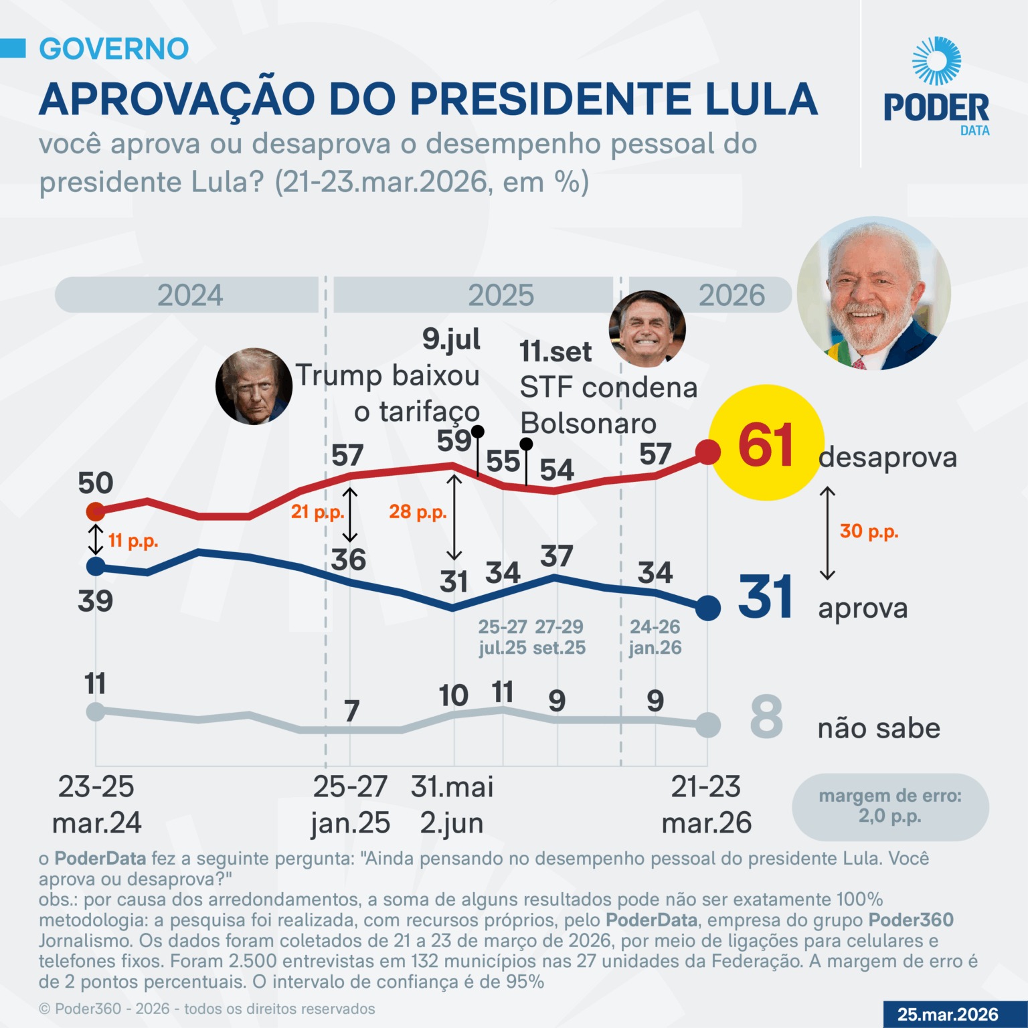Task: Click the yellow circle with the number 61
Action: pos(766,442)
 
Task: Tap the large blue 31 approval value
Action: pos(766,597)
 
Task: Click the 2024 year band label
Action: pos(190,295)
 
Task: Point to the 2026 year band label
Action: pos(732,295)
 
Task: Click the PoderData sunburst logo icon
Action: pos(936,61)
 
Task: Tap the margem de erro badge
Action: pos(890,806)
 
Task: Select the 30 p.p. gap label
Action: pos(869,531)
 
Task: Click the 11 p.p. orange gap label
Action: pos(133,541)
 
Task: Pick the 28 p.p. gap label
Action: pos(418,512)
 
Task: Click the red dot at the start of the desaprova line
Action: pos(96,512)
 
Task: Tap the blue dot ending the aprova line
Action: pos(708,608)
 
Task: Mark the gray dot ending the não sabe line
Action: pos(708,725)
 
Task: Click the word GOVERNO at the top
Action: pos(114,49)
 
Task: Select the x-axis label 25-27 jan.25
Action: pos(350,804)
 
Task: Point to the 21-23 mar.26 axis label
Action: pos(707,804)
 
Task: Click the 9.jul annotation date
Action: pos(451,339)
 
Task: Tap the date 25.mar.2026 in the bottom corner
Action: pos(948,1015)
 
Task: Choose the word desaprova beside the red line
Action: pos(887,458)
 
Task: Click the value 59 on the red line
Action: pos(454,440)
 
